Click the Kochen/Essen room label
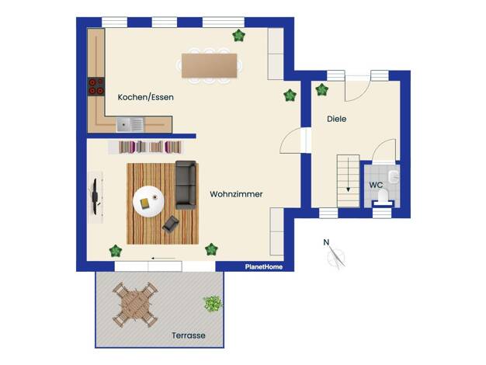(146, 97)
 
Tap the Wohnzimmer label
(236, 194)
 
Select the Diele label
(337, 119)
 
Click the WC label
(376, 185)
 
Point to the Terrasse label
(189, 335)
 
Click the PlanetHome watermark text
(264, 266)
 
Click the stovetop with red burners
(96, 86)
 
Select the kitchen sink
(130, 125)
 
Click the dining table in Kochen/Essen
(210, 65)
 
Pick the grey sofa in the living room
(186, 185)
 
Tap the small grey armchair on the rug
(171, 224)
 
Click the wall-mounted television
(95, 196)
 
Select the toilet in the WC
(383, 197)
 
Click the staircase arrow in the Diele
(349, 175)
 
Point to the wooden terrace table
(135, 304)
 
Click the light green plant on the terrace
(213, 304)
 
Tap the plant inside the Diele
(321, 90)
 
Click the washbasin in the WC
(394, 177)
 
